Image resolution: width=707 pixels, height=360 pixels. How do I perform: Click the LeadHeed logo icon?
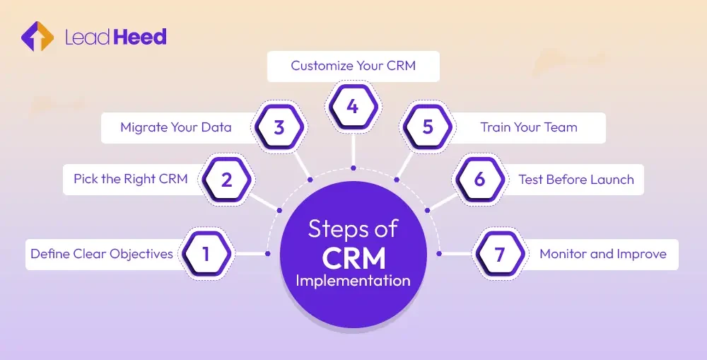[x=37, y=37]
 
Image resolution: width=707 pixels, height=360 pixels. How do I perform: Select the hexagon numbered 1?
[x=206, y=253]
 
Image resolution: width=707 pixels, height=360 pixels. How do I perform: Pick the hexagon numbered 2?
[x=226, y=180]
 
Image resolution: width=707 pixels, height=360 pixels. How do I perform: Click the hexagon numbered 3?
[x=279, y=128]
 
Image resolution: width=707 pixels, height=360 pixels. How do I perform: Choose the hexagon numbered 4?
[x=353, y=107]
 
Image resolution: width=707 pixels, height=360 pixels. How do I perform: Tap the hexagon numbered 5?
[x=427, y=128]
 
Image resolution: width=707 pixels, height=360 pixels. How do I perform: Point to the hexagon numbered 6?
[x=479, y=180]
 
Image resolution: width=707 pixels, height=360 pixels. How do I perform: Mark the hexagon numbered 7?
[x=500, y=253]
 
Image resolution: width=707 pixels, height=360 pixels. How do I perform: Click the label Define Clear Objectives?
[x=101, y=253]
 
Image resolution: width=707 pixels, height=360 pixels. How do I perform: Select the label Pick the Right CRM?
[x=131, y=180]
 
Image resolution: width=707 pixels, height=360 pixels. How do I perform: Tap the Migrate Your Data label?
[x=176, y=128]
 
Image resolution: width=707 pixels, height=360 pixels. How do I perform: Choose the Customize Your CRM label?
[x=353, y=66]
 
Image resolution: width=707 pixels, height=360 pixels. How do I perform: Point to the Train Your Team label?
[x=529, y=128]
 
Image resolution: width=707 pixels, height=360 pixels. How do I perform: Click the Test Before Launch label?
[x=576, y=180]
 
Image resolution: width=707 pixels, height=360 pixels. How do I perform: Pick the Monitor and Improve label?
[x=603, y=253]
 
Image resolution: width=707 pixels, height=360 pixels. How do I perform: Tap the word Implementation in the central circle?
[x=353, y=280]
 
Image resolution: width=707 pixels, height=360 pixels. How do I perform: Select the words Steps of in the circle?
[x=353, y=229]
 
